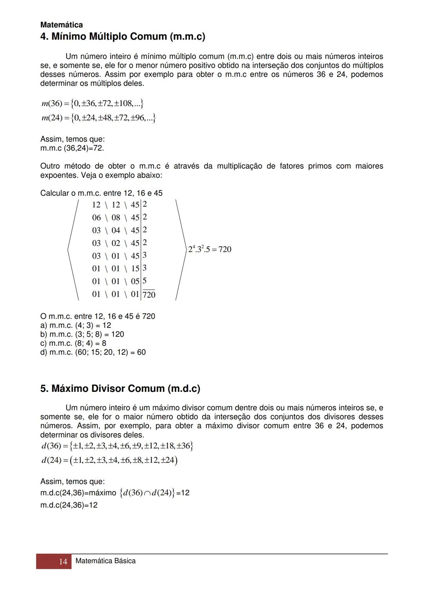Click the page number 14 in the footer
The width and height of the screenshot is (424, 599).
[63, 561]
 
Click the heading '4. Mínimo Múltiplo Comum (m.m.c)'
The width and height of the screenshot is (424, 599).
[122, 37]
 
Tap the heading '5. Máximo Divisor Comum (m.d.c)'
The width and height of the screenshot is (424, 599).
[120, 389]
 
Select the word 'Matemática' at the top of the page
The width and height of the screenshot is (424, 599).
[62, 25]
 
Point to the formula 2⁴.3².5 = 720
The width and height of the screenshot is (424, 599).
[210, 249]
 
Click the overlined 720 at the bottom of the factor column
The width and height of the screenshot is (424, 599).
[149, 295]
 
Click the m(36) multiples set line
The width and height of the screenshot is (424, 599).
[92, 104]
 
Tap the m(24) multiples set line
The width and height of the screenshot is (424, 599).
[98, 118]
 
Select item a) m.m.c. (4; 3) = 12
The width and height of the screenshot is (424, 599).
[76, 325]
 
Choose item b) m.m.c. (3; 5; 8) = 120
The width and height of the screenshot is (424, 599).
[82, 334]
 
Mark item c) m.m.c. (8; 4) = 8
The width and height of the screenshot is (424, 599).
[73, 343]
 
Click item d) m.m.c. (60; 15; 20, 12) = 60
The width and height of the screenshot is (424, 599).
[93, 352]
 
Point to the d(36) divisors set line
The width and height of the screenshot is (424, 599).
[117, 446]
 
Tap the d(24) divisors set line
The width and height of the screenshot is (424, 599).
[110, 460]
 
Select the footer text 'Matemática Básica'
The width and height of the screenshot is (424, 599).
[105, 561]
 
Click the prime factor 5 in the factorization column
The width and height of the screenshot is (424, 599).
[144, 281]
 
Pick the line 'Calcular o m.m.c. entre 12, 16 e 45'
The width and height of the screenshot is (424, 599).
[101, 193]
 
